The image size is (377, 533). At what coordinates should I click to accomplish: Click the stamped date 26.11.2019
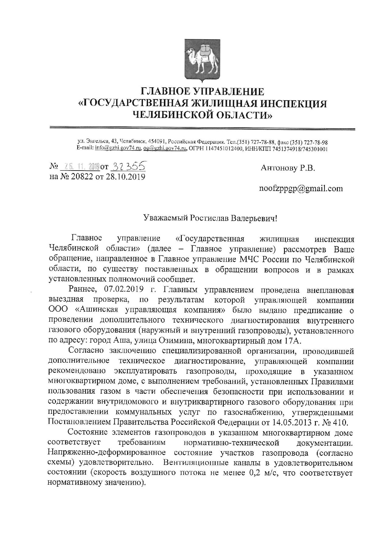(x=80, y=167)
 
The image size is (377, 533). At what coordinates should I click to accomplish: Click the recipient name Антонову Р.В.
(x=288, y=168)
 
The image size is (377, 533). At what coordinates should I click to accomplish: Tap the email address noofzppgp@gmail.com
(x=300, y=189)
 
